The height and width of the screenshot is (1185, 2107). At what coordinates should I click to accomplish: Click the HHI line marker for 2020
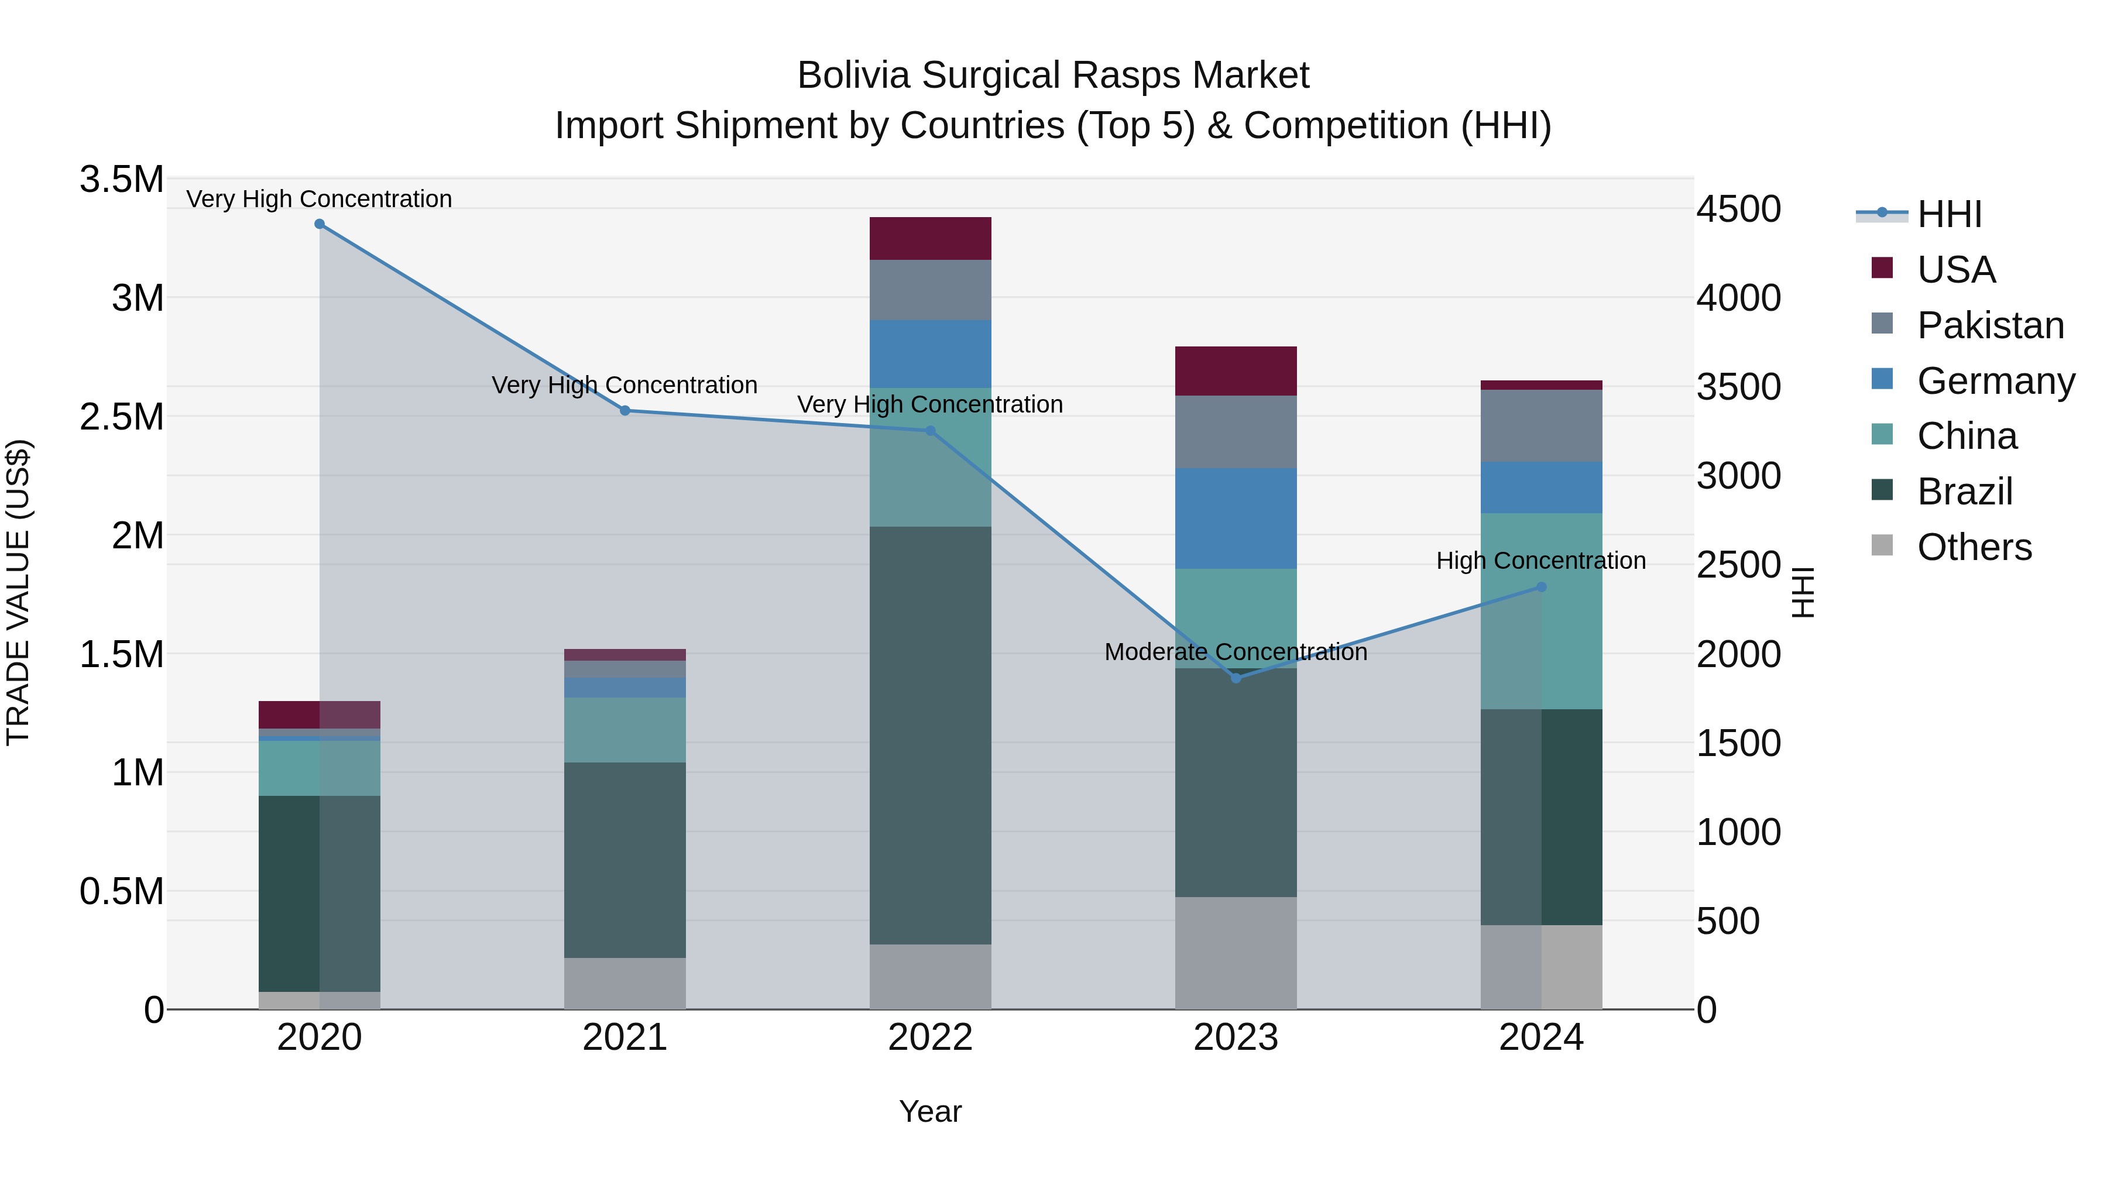tap(320, 224)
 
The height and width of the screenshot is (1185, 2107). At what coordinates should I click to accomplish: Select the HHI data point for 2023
tap(1236, 678)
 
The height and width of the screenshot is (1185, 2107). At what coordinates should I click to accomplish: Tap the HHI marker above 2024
tap(1541, 586)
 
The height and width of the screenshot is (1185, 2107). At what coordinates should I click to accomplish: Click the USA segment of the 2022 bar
tap(930, 238)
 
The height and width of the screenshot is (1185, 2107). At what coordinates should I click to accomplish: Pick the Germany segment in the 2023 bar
tap(1236, 518)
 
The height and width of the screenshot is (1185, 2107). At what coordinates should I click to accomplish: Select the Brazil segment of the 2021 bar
tap(625, 860)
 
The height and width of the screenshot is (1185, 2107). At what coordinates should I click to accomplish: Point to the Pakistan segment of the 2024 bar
tap(1541, 426)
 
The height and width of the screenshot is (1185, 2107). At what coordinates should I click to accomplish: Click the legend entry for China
tap(1967, 436)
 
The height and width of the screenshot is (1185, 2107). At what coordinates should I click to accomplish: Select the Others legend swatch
tap(1882, 545)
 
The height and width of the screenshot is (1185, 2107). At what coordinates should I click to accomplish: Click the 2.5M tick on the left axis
tap(122, 417)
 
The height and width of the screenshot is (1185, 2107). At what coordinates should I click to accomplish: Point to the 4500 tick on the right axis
tap(1738, 209)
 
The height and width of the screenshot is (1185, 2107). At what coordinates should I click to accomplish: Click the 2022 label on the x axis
tap(930, 1038)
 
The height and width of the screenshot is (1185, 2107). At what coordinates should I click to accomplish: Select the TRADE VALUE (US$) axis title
tap(18, 592)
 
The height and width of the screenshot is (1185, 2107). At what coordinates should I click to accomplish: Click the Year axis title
tap(930, 1111)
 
